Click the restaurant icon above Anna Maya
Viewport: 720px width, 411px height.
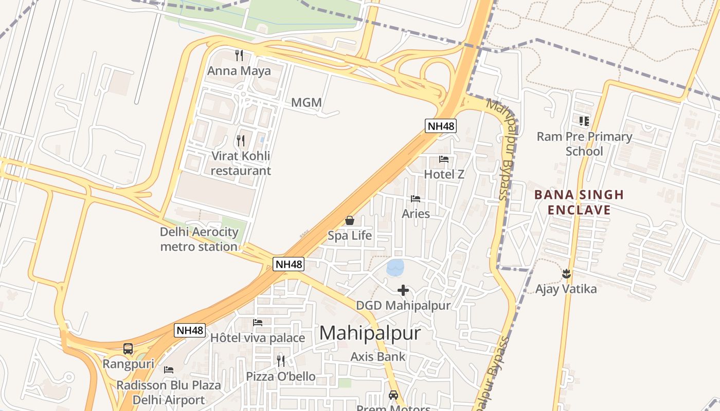coord(239,55)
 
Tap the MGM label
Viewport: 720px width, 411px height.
coord(307,103)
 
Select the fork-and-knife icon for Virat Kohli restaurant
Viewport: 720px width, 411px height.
coord(240,140)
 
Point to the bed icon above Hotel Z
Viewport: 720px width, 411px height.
coord(444,159)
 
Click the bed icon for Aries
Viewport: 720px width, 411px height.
coord(416,199)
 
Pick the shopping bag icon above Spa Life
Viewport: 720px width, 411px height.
coord(350,220)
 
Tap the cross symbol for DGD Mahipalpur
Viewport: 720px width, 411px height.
coord(403,291)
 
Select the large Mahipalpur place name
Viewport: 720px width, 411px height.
coord(370,333)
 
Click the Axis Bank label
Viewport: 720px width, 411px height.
coord(378,357)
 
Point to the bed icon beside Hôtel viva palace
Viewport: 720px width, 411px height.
coord(258,323)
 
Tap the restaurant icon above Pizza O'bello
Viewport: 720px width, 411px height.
coord(281,361)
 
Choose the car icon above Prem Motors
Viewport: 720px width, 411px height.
coord(393,395)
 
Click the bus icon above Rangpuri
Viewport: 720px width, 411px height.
coord(128,349)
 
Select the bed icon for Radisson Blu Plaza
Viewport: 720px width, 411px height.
coord(169,370)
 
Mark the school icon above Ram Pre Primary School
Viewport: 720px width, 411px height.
coord(584,121)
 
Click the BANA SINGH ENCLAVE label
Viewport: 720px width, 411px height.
coord(579,202)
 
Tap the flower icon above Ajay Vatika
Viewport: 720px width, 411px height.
coord(566,274)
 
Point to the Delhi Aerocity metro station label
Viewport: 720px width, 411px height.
coord(199,239)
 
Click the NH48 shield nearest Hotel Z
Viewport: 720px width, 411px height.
coord(441,126)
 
